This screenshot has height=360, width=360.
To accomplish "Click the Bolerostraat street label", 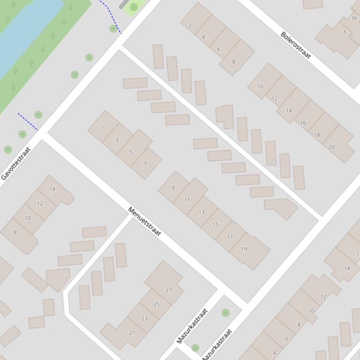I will [296, 45].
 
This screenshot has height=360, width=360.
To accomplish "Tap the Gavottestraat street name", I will [15, 163].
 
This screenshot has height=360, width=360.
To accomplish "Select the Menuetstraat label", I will [144, 222].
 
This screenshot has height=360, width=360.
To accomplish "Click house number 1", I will [103, 127].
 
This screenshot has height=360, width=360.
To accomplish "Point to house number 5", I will [131, 152].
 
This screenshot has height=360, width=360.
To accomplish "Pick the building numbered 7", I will [146, 164].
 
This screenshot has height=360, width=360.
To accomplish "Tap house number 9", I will [173, 188].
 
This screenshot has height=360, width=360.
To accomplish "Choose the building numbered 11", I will [187, 200].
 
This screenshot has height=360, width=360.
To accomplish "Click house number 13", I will [201, 212].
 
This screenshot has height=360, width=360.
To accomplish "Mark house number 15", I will [215, 224].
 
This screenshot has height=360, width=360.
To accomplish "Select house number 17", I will [230, 237].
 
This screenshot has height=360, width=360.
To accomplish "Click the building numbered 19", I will [244, 249].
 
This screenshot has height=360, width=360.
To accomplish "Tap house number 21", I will [132, 332].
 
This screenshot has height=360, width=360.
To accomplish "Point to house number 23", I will [144, 318].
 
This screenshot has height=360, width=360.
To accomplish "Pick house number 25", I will [156, 304].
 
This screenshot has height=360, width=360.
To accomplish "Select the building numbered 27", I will [169, 290].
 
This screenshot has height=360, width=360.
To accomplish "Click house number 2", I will [190, 26].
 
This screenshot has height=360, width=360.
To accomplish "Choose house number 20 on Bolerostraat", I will [331, 147].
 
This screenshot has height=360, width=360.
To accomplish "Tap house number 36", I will [354, 18].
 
